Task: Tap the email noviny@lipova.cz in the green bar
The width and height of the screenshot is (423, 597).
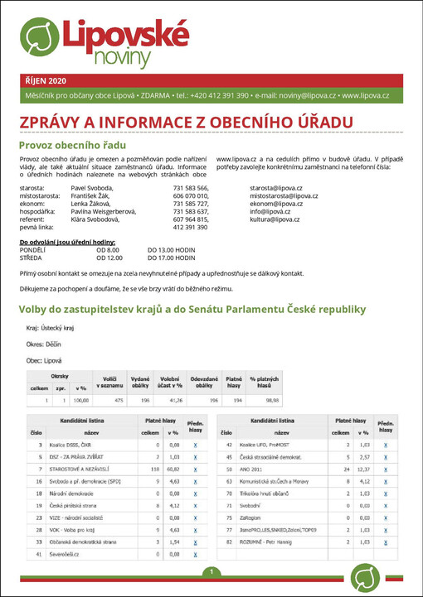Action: tap(300, 96)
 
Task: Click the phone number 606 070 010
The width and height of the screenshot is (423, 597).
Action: tap(190, 196)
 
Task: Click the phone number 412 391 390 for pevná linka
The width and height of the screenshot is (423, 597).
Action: tap(190, 227)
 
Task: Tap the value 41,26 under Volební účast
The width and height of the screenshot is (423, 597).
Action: tap(170, 400)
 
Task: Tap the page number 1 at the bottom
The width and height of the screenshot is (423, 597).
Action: tap(211, 571)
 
